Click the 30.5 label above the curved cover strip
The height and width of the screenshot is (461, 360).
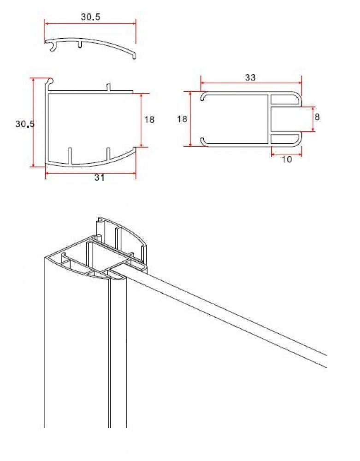point(90,17)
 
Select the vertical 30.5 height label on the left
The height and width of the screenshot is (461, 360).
point(25,124)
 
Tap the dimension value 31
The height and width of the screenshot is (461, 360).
point(99,178)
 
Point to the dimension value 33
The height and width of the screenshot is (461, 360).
point(250,77)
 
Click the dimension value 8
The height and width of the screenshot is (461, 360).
point(317,117)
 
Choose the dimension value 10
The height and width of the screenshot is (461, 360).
point(286,160)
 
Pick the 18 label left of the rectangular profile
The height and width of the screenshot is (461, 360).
point(182,119)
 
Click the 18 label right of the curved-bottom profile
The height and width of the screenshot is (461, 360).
point(149,120)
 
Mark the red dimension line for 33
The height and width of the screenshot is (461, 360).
point(251,83)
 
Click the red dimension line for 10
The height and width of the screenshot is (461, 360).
point(286,154)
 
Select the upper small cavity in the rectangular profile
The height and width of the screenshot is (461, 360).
point(283,99)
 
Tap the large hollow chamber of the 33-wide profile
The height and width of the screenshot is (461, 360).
point(235,119)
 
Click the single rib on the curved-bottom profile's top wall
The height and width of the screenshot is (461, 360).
point(109,87)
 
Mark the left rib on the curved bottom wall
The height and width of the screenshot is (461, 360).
point(70,156)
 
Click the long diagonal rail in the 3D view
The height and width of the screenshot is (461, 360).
point(230,318)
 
